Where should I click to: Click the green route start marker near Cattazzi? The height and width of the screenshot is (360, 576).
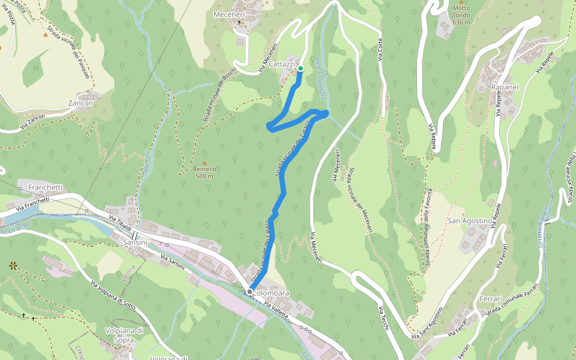[x=300, y=69]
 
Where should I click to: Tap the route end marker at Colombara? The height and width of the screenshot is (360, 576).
[x=250, y=292]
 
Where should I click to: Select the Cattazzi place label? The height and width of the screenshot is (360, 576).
[x=281, y=64]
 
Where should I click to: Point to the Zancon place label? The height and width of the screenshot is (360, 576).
[x=81, y=103]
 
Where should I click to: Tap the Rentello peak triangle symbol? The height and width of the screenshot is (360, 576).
[x=204, y=163]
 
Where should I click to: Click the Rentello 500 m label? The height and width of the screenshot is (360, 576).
[x=204, y=172]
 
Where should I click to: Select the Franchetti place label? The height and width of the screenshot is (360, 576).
[x=45, y=187]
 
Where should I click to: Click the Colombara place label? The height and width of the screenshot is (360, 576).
[x=272, y=293]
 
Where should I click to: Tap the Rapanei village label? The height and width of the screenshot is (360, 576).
[x=505, y=88]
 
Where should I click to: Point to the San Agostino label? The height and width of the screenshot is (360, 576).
[x=470, y=221]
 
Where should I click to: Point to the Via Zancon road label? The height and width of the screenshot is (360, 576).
[x=33, y=123]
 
